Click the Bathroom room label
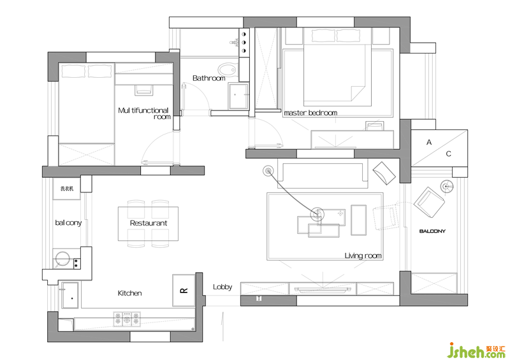(209, 78)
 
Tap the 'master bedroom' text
(310, 113)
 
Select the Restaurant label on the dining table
(149, 223)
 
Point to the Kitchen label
(130, 293)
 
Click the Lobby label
(222, 287)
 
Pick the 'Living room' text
(363, 256)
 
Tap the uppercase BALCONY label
(432, 231)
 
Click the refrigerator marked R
(184, 290)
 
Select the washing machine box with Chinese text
(67, 189)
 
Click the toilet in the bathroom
(227, 69)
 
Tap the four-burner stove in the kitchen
(127, 319)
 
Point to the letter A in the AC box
(429, 143)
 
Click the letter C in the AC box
(449, 154)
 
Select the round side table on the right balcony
(447, 186)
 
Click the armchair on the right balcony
(429, 203)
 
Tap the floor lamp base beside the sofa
(268, 170)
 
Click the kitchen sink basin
(70, 295)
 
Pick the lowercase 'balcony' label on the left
(68, 223)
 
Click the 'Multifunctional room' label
(144, 113)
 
